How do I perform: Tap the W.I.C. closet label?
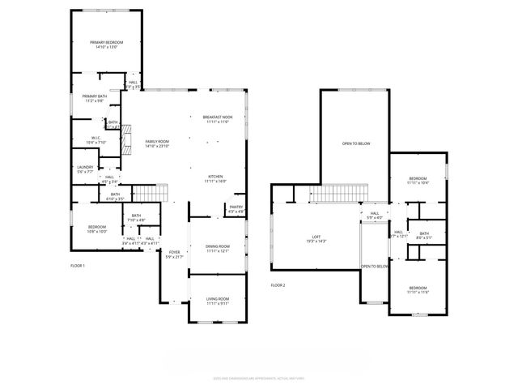pos(96,139)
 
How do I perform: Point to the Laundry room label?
pos(85,169)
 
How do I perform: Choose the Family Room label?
pos(157,143)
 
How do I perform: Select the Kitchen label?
pos(216,178)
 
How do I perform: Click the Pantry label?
pos(236,208)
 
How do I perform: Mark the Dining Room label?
pos(218,248)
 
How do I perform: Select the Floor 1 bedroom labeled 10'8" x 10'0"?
pos(97,228)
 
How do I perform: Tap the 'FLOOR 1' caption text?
pos(78,265)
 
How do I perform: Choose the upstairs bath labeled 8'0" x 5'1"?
pos(424,236)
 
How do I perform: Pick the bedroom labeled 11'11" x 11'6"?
pos(418,289)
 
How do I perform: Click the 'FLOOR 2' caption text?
pos(278,284)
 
